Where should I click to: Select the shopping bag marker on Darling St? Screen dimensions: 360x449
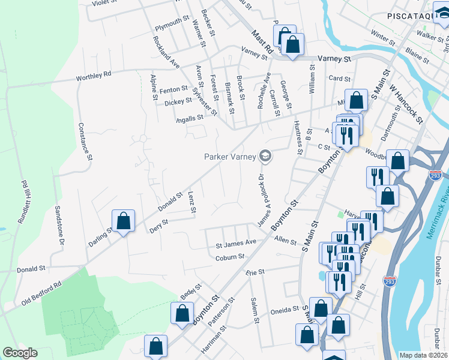coord(123,221)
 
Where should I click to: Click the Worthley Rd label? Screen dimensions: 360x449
coord(94,77)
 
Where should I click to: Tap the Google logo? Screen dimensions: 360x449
coord(20,353)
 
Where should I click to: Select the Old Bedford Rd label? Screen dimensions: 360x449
coord(41,293)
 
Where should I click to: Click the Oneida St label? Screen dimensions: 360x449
coord(287,310)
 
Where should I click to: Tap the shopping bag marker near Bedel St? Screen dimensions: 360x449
coord(182,313)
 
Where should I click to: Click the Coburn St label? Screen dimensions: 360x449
coord(230,257)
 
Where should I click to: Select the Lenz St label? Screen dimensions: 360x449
coord(191,202)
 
